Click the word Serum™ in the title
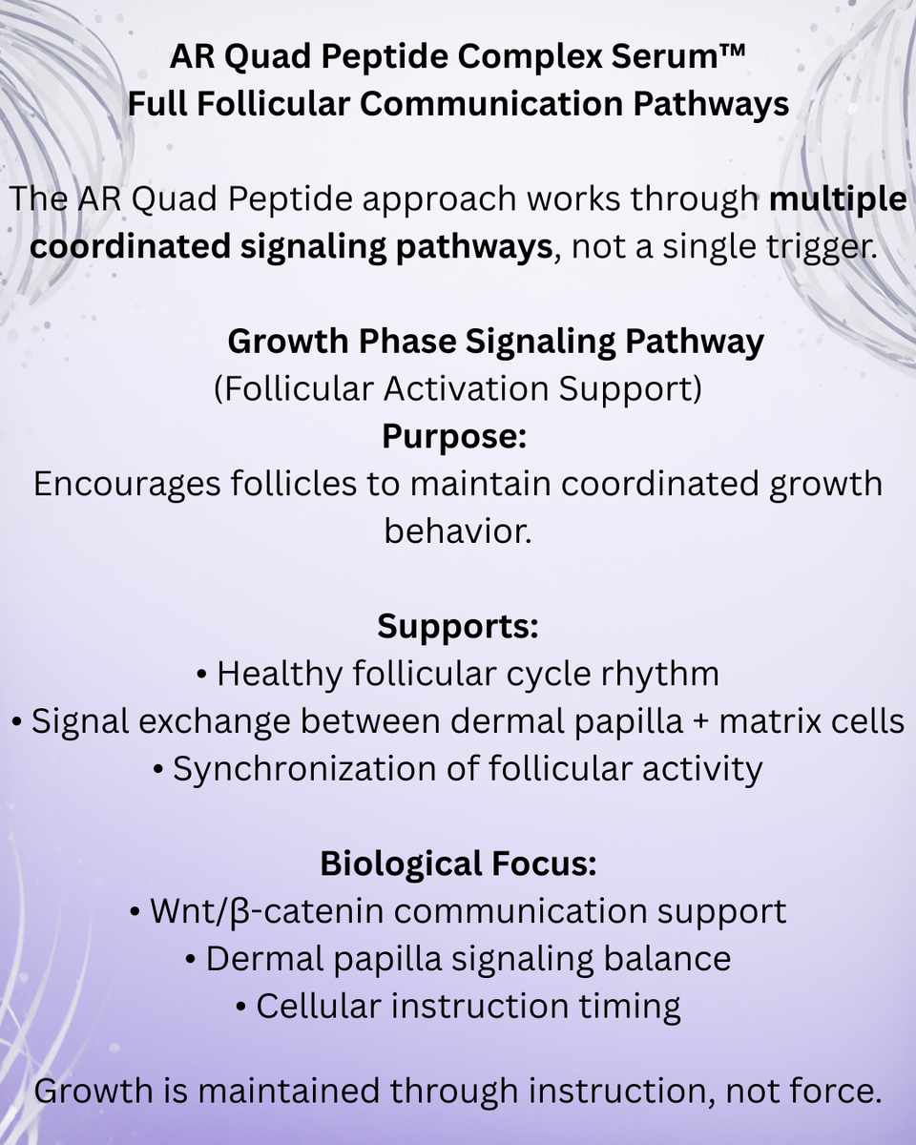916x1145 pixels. click(x=677, y=59)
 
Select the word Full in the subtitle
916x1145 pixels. click(x=158, y=104)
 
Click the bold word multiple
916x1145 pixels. click(x=838, y=200)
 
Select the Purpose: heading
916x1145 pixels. click(x=455, y=436)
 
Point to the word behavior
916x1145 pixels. click(x=457, y=531)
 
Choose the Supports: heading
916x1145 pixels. click(x=458, y=627)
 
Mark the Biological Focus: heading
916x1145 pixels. click(x=458, y=864)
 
